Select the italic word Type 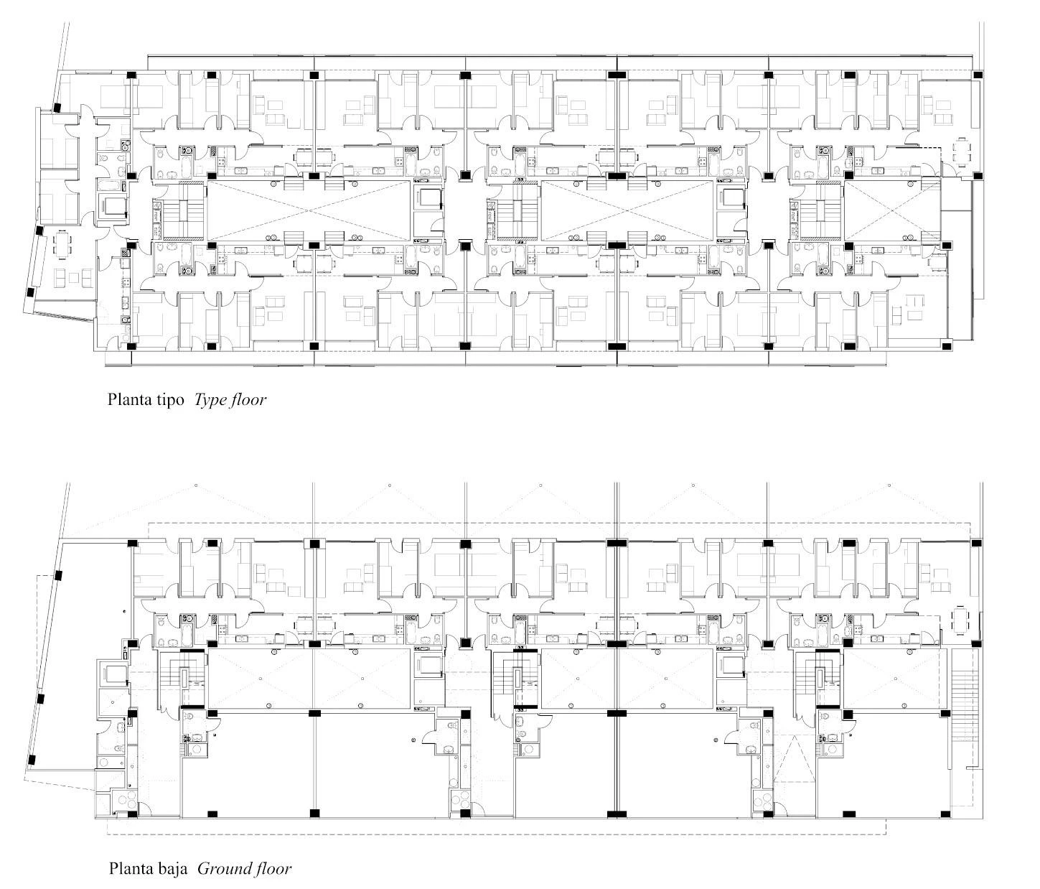click(x=209, y=400)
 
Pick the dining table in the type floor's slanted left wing click(x=62, y=244)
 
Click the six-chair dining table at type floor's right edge click(x=960, y=152)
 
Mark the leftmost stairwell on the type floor click(x=179, y=211)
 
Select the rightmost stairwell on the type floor click(x=815, y=211)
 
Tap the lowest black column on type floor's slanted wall click(x=30, y=292)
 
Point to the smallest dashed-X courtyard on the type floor click(x=891, y=210)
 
